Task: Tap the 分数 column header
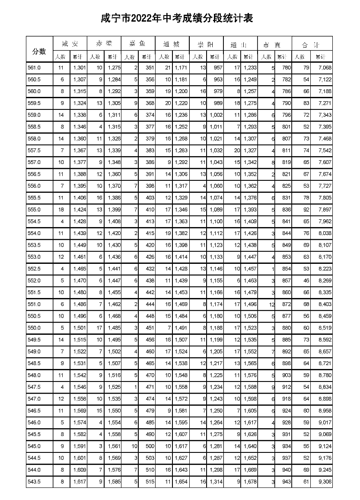[39, 51]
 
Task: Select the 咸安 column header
[70, 44]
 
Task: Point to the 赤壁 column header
[104, 44]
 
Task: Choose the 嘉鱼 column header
[138, 44]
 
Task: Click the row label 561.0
[34, 68]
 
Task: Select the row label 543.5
[34, 481]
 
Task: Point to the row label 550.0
[34, 328]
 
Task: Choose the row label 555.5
[34, 198]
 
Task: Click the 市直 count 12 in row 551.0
[271, 304]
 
